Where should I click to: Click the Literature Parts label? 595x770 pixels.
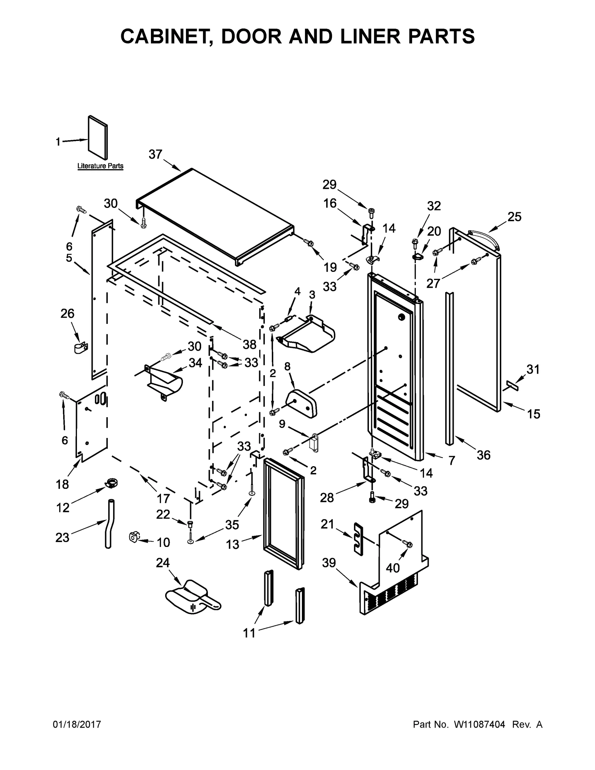(100, 166)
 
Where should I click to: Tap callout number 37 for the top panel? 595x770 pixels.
(155, 154)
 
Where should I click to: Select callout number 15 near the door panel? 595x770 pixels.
(534, 414)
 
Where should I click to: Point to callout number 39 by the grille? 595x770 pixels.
(329, 563)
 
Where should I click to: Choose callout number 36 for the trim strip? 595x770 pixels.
(483, 455)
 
